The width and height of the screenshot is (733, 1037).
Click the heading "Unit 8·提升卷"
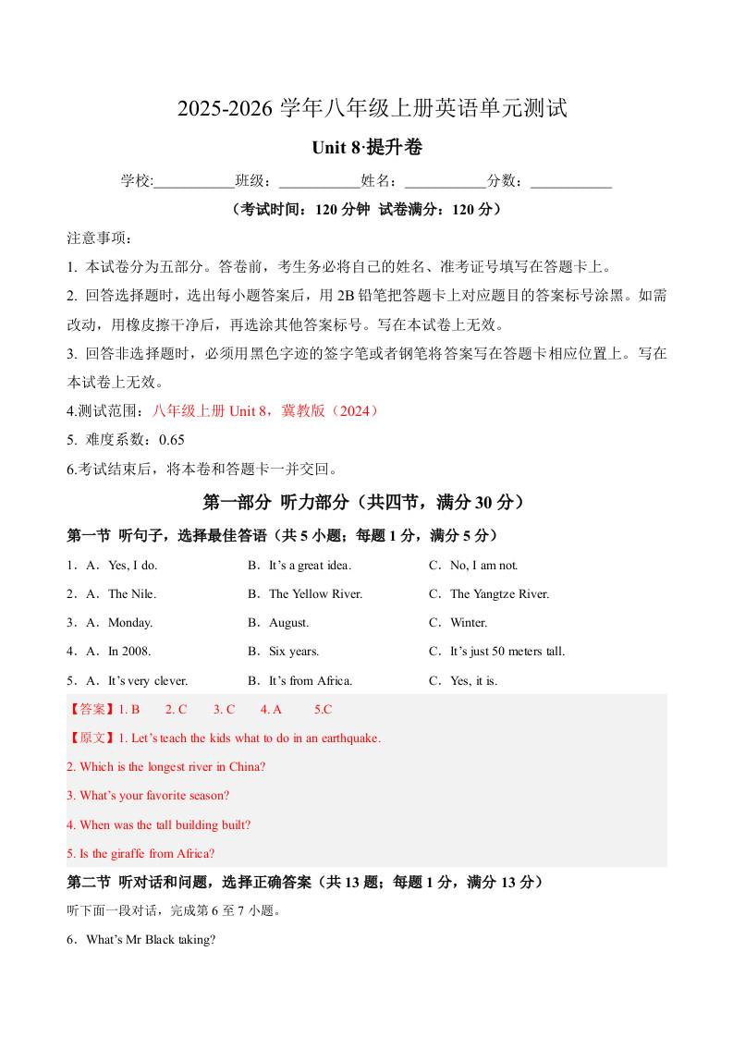pyautogui.click(x=366, y=148)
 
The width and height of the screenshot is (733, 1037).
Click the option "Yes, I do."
pyautogui.click(x=132, y=566)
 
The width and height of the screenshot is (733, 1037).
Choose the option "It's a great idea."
pyautogui.click(x=310, y=566)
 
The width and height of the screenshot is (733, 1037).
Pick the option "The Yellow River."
pyautogui.click(x=315, y=594)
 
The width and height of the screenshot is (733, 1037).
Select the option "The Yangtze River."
pyautogui.click(x=499, y=594)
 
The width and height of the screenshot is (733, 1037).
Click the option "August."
pyautogui.click(x=288, y=623)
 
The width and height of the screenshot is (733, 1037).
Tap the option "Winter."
pyautogui.click(x=469, y=623)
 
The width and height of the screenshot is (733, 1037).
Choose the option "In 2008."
pyautogui.click(x=129, y=652)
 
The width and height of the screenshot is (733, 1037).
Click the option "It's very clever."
pyautogui.click(x=148, y=681)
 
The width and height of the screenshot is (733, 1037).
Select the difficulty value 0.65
pyautogui.click(x=172, y=440)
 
